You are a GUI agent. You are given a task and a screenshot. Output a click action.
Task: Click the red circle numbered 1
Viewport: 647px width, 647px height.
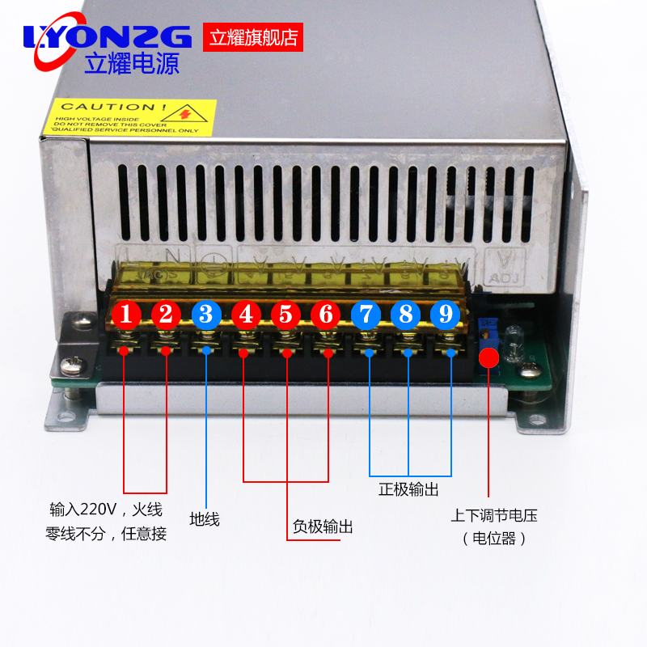coord(125,314)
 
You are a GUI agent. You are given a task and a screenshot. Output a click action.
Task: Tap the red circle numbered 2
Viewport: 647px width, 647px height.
coord(166,314)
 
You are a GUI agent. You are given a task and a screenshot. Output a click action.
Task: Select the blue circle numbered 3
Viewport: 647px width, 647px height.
coord(206,314)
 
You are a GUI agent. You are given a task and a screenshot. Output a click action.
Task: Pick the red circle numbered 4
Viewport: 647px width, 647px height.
coord(246,314)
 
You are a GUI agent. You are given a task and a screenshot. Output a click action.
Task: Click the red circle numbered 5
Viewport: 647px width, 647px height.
coord(285,314)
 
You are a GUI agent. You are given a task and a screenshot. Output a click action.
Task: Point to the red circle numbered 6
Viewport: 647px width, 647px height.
coord(326,314)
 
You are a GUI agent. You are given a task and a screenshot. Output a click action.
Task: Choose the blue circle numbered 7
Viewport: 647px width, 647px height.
coord(366,314)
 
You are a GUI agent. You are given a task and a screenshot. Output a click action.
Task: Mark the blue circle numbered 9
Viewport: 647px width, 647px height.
coord(445,314)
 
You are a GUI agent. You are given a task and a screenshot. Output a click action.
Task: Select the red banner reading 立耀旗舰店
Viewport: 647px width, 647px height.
coord(253,37)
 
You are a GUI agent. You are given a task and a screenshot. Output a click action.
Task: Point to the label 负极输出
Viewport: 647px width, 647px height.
coord(323,527)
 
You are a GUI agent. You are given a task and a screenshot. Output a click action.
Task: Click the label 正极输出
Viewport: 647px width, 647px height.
coord(408,489)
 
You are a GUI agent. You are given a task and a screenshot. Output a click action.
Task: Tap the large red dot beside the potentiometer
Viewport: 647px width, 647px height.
coord(488,358)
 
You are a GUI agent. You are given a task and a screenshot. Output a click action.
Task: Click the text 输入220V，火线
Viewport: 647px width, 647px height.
coord(106,510)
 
